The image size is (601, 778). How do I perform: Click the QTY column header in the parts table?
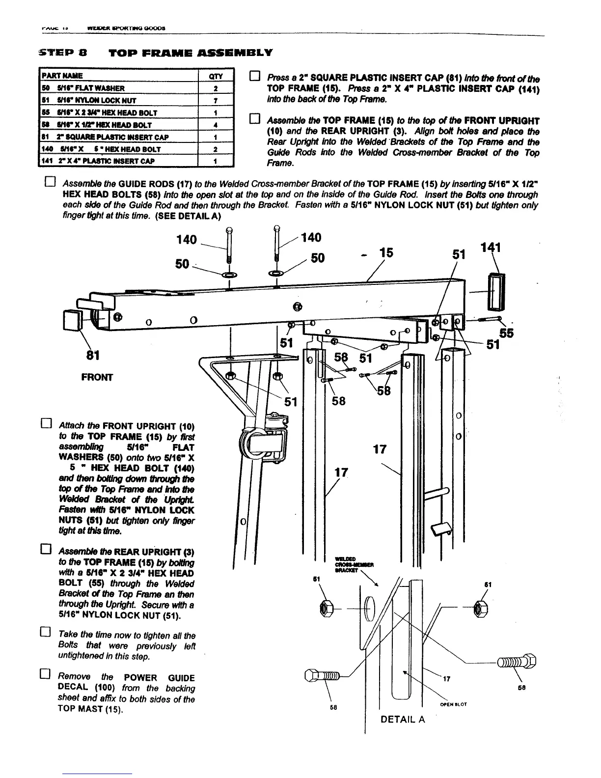click(x=216, y=76)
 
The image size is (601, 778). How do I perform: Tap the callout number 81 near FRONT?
click(x=92, y=354)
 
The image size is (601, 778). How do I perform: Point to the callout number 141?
click(x=492, y=248)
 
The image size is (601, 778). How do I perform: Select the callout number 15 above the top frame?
click(x=386, y=252)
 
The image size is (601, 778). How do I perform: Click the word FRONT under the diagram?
click(x=97, y=377)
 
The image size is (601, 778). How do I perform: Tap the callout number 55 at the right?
click(x=506, y=333)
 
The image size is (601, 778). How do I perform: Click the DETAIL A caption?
click(x=403, y=720)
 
